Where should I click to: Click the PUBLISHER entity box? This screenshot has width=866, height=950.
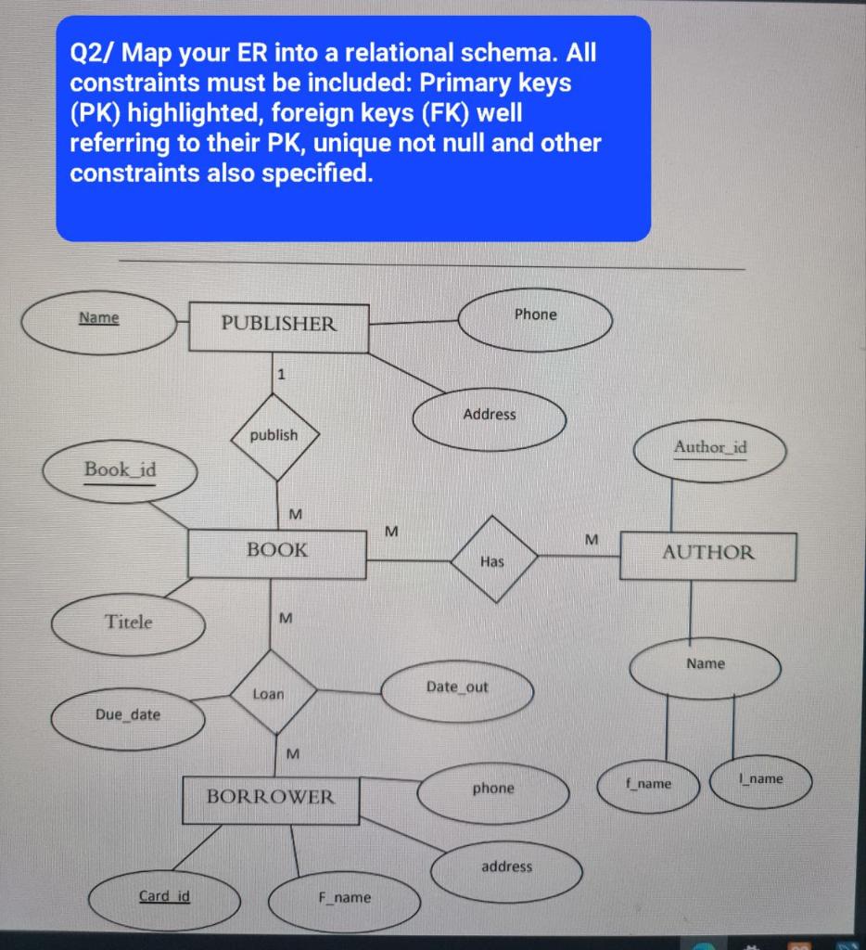278,326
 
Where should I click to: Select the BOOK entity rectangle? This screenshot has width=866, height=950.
276,552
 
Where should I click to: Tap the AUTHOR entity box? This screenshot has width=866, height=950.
707,555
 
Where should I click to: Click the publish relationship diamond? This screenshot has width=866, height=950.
274,436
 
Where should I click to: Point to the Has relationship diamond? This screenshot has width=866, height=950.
493,560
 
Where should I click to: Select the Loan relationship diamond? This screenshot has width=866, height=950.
272,692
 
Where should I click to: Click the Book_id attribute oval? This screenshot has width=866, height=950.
120,470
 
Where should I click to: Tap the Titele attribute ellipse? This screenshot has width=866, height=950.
128,623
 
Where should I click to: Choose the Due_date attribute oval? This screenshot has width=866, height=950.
128,716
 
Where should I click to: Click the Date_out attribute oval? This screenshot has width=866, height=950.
457,688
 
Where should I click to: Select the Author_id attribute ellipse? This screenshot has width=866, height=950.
710,450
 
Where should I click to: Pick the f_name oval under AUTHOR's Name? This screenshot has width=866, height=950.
648,785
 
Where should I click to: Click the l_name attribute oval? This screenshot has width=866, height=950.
760,780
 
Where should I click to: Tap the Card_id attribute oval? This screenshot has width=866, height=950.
164,897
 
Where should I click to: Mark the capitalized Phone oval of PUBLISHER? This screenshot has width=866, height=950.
536,316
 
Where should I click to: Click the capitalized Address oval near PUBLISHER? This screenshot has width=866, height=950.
489,417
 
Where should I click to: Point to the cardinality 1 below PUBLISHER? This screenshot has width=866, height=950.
282,375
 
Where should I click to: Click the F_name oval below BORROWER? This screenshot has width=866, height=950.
344,899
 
